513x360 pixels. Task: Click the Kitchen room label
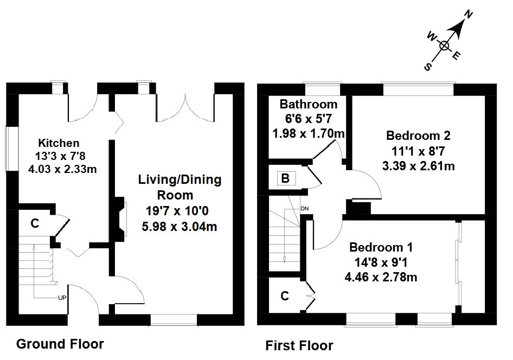coord(59,143)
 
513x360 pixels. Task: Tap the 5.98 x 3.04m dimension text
coord(179,227)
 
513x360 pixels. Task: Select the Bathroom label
coord(309,104)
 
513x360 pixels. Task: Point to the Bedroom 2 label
coord(418,136)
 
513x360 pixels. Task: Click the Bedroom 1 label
coord(381,247)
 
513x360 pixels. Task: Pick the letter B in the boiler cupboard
coord(285,178)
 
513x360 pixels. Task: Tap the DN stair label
coord(305,208)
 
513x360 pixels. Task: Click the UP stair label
coord(62,298)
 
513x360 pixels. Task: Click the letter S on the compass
coord(428,67)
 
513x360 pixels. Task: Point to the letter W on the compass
coord(432,37)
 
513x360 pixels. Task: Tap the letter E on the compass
coord(456,56)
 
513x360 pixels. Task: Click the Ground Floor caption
coord(60,344)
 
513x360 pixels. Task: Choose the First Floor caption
coord(299,345)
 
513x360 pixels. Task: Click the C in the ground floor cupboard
coord(35,223)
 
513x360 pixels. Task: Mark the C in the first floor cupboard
coord(285,296)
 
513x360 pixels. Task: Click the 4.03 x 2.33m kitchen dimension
coord(62,169)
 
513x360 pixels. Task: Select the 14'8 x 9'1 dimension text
coord(381,262)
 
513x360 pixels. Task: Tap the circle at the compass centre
coord(444,46)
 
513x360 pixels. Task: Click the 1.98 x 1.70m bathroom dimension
coord(309,133)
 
